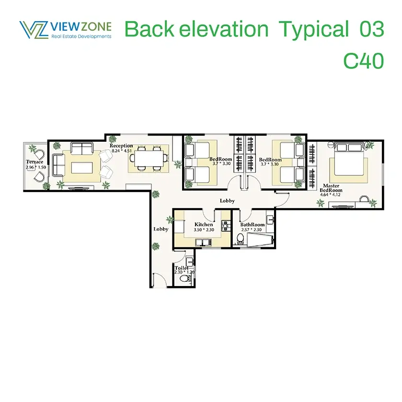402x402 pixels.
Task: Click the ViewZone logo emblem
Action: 34,30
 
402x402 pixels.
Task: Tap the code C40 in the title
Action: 363,61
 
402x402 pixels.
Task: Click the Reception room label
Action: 121,146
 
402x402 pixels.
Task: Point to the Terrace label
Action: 34,162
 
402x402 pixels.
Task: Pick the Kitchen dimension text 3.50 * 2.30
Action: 204,230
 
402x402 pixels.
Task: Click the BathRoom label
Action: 253,225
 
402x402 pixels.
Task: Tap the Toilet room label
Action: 182,268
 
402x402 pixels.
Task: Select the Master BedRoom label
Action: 331,188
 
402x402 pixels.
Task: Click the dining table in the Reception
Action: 149,158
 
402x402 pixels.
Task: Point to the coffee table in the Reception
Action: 82,168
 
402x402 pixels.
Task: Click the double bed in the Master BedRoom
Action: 349,159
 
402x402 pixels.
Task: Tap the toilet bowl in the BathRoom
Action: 240,239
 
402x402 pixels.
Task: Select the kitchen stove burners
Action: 226,226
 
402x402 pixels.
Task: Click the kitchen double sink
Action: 203,242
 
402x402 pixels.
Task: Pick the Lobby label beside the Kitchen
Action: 161,229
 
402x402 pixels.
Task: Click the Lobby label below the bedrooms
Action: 227,201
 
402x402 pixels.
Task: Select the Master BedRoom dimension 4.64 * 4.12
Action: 330,195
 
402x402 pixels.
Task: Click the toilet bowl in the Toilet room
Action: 184,278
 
